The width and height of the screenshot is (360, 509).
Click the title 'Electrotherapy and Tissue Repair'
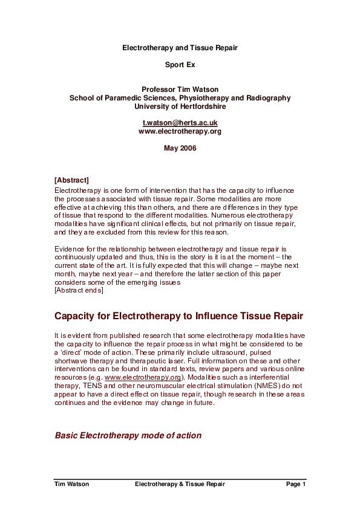[x=180, y=47]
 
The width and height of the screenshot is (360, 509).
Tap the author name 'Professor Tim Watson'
[x=180, y=89]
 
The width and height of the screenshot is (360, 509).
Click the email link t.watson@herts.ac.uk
[x=180, y=123]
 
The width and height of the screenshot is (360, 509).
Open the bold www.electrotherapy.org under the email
[x=180, y=131]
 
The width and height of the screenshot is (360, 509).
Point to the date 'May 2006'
[x=180, y=148]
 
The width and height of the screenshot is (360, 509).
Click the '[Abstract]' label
[x=71, y=180]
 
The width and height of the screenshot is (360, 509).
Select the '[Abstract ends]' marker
[x=79, y=291]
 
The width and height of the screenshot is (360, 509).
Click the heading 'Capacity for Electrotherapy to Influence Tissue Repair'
[x=178, y=316]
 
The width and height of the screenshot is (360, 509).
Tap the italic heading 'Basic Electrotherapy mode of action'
[x=128, y=435]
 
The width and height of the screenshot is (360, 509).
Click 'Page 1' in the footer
[x=296, y=484]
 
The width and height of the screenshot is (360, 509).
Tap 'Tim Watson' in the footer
[x=71, y=484]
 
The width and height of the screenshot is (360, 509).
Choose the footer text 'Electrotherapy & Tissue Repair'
[x=180, y=484]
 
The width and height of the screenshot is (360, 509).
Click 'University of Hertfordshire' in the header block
[x=180, y=106]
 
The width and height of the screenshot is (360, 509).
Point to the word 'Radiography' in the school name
[x=268, y=98]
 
